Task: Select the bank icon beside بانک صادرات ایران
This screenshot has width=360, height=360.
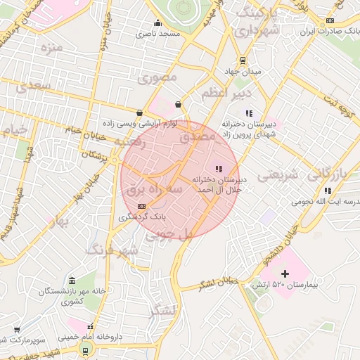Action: tap(330, 21)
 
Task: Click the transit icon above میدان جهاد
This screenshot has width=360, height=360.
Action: tap(243, 60)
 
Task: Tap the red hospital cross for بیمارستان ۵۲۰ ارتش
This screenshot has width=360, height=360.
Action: tap(285, 273)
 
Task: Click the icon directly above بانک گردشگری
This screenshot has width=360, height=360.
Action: tap(142, 206)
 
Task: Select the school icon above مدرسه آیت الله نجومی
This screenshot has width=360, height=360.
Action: tap(328, 190)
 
